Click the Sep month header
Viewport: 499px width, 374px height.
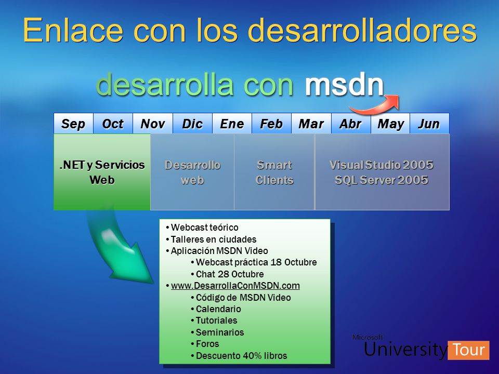click(73, 124)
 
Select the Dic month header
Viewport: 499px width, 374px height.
click(192, 124)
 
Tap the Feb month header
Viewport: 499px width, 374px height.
click(271, 124)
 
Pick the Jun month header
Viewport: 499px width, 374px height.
click(429, 124)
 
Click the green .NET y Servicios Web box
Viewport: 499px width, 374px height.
click(102, 172)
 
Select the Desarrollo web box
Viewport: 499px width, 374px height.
click(192, 172)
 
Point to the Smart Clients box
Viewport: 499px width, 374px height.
click(274, 172)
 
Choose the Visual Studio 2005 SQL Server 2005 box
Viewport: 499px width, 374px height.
click(382, 172)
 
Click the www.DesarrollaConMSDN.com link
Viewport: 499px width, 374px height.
click(235, 286)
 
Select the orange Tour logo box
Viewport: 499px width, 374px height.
click(468, 350)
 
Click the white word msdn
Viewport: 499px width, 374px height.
click(344, 84)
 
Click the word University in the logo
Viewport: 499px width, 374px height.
click(405, 349)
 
